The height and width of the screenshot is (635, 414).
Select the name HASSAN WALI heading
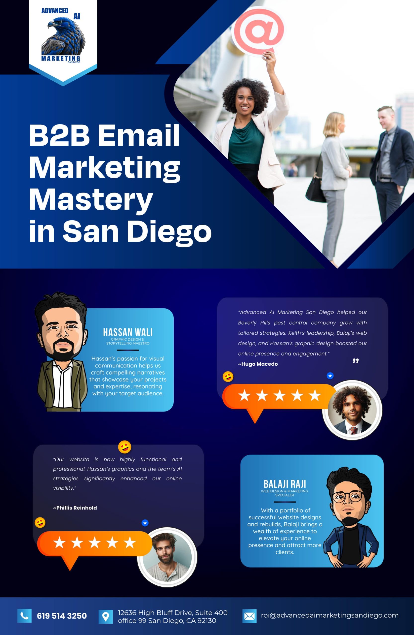pyautogui.click(x=128, y=332)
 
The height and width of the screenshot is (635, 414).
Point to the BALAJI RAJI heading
pyautogui.click(x=285, y=484)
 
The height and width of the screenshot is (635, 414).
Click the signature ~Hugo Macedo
pyautogui.click(x=258, y=364)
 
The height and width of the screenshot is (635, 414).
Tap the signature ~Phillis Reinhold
pyautogui.click(x=75, y=508)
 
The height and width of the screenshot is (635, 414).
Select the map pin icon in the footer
pyautogui.click(x=106, y=617)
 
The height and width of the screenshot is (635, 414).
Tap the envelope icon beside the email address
pyautogui.click(x=249, y=616)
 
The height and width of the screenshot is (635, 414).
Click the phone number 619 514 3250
pyautogui.click(x=62, y=616)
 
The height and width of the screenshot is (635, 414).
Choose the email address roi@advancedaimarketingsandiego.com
pyautogui.click(x=330, y=615)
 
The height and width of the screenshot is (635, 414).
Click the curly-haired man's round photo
pyautogui.click(x=352, y=410)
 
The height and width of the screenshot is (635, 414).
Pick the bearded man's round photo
pyautogui.click(x=167, y=557)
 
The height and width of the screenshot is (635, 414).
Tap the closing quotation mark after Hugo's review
pyautogui.click(x=355, y=361)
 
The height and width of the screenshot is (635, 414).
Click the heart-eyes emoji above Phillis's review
pyautogui.click(x=124, y=447)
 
